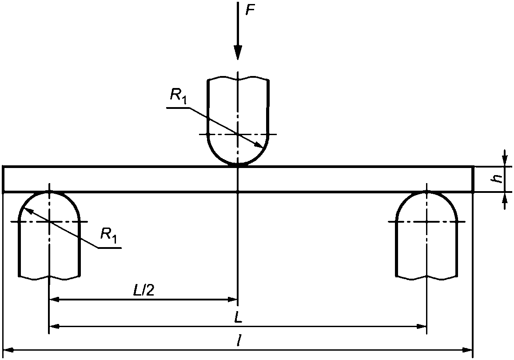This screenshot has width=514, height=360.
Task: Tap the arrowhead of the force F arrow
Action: point(238,52)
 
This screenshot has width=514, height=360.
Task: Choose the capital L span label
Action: point(238,317)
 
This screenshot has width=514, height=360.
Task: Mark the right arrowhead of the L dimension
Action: point(421,327)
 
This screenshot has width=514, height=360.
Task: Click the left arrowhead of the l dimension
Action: point(8,350)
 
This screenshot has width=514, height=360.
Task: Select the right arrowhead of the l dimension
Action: point(467,350)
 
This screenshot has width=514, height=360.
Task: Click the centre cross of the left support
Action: point(49,222)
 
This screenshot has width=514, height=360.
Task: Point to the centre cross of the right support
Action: point(426,222)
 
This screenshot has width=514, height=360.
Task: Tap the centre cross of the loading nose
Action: point(238,134)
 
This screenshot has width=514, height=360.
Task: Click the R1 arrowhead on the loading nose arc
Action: point(259,145)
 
